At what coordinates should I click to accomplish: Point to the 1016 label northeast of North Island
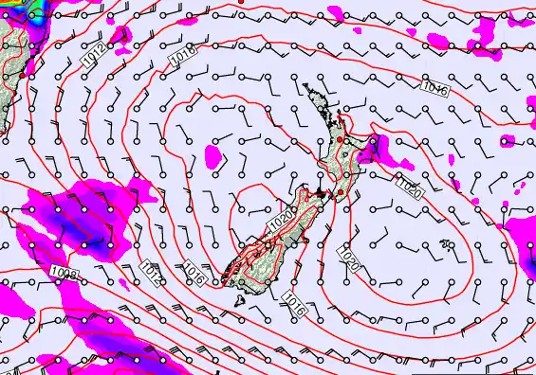(436, 89)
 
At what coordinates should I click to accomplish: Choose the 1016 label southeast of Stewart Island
(294, 304)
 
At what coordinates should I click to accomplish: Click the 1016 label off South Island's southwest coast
(194, 276)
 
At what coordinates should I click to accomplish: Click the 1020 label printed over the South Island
(281, 221)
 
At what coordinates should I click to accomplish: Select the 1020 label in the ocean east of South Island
(349, 257)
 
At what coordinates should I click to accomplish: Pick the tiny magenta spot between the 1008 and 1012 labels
(122, 281)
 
